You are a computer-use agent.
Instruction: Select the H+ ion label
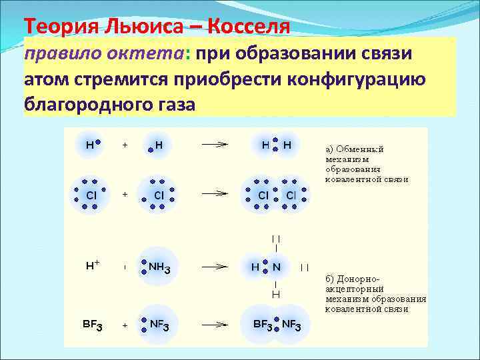click(x=93, y=265)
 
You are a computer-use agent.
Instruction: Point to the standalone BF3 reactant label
click(x=92, y=325)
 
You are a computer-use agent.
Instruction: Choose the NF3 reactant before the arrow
click(x=159, y=325)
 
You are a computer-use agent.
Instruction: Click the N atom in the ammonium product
click(x=276, y=267)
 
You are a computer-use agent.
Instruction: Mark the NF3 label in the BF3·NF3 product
click(x=291, y=325)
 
